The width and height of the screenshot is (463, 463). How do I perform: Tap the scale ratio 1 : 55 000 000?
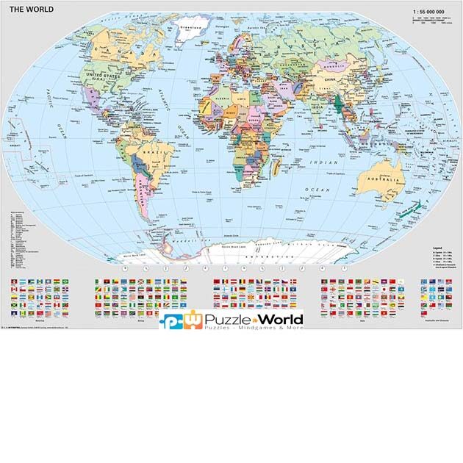pos(431,12)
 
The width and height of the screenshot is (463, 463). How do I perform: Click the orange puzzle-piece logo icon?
pos(192,317)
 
